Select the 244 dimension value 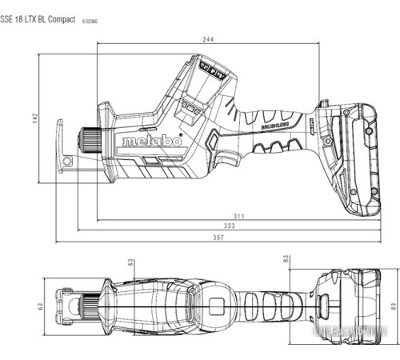(207, 40)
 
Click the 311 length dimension (239, 216)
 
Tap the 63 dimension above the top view (131, 261)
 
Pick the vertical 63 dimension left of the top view (38, 306)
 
